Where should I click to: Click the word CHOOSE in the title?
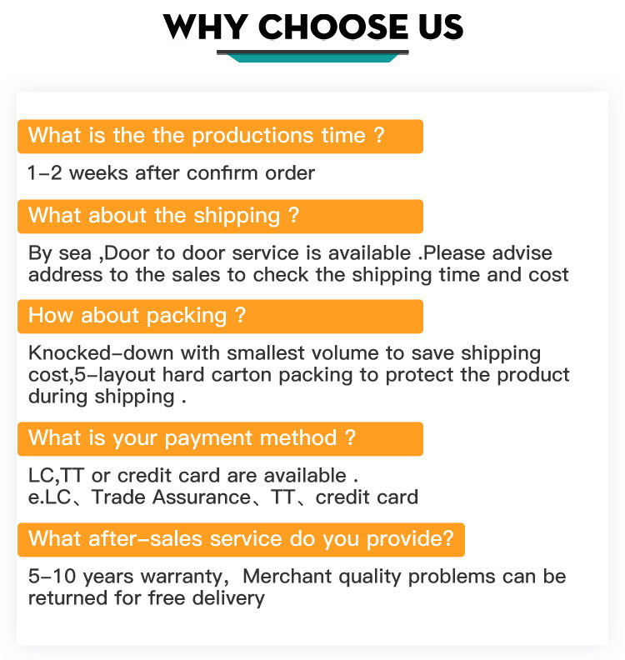[333, 27]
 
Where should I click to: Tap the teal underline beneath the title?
[312, 57]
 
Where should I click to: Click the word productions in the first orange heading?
[252, 137]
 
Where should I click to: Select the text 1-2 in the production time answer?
[45, 173]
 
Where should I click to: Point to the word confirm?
[222, 173]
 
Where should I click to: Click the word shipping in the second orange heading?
[237, 217]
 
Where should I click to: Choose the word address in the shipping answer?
[65, 275]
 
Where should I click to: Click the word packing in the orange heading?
[187, 317]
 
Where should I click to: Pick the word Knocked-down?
[101, 352]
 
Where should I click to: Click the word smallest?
[266, 352]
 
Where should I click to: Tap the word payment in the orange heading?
[205, 439]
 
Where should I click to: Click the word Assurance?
[202, 497]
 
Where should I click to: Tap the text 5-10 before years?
[52, 576]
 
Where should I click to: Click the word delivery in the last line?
[228, 598]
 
